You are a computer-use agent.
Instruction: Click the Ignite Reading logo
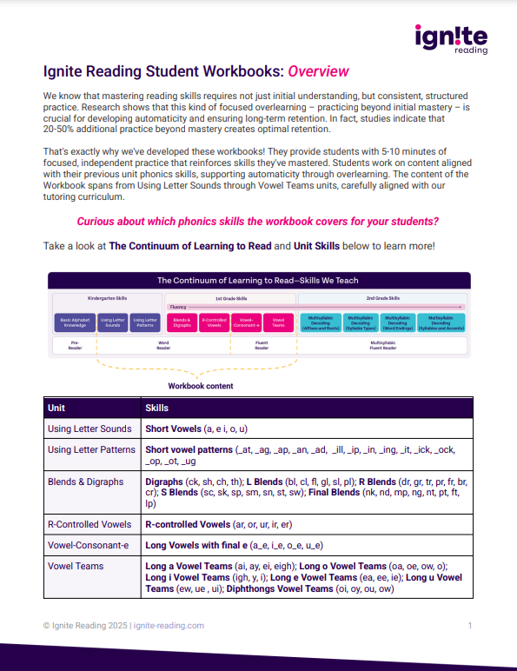[x=451, y=38]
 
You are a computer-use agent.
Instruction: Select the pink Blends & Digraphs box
[x=181, y=323]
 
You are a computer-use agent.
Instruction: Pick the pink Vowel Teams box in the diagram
[x=279, y=323]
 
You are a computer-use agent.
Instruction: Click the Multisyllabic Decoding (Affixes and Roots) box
[x=320, y=323]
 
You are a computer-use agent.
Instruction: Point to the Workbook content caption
[x=201, y=385]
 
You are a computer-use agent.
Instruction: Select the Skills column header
[x=157, y=407]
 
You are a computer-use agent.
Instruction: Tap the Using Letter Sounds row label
[x=89, y=429]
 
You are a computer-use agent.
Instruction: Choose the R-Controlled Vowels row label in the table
[x=89, y=524]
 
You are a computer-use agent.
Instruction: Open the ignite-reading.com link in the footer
[x=169, y=625]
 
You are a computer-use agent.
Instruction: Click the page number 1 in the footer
[x=469, y=625]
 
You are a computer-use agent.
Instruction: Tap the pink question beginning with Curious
[x=258, y=221]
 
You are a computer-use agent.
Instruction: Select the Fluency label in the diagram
[x=180, y=307]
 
